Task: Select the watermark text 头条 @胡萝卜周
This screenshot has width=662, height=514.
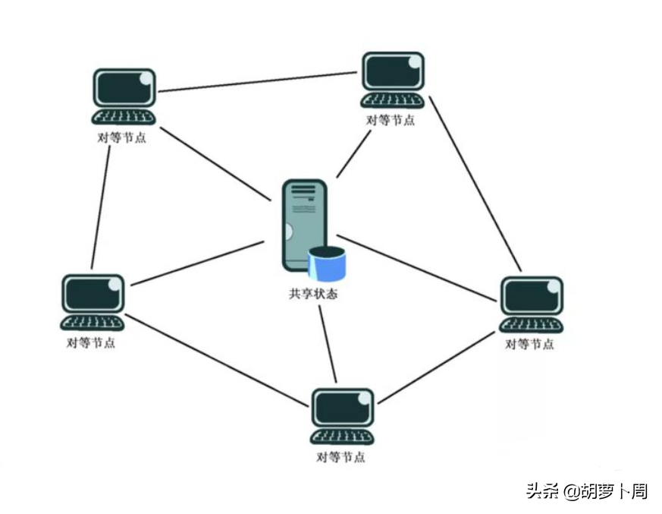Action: [x=587, y=491]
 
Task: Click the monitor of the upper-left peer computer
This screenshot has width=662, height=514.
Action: [x=124, y=88]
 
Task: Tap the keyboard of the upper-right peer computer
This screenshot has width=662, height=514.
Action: [x=393, y=101]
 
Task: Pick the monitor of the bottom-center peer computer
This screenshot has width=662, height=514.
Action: [x=343, y=408]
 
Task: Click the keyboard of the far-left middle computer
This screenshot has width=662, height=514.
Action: [x=92, y=322]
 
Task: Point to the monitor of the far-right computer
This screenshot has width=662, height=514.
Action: [x=532, y=295]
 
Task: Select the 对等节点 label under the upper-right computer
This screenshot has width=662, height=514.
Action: [x=391, y=120]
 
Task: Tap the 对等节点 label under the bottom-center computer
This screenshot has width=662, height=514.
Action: [x=341, y=458]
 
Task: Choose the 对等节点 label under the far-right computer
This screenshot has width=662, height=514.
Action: [x=529, y=344]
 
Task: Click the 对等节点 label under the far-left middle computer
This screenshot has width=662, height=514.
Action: [x=91, y=342]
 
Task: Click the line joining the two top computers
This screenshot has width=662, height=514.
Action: [x=258, y=82]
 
